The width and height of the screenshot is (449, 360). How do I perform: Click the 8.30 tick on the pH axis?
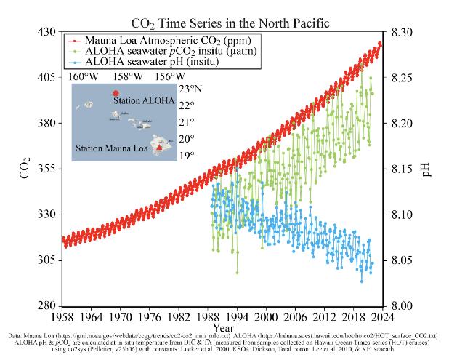[401, 32]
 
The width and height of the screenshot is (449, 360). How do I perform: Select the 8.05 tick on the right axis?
[401, 260]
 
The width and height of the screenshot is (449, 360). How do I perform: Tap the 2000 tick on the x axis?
[267, 317]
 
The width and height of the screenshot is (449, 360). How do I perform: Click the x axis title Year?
[222, 329]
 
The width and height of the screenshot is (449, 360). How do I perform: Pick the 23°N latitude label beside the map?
[190, 89]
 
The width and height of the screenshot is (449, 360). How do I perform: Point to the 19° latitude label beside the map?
[187, 155]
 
